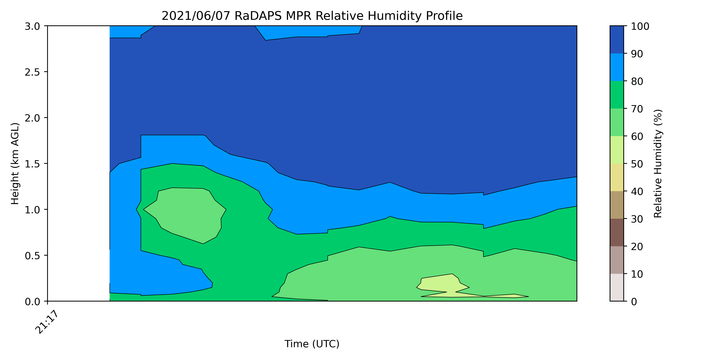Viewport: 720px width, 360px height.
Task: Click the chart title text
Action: tap(312, 16)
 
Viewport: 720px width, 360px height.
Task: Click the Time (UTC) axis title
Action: tap(312, 344)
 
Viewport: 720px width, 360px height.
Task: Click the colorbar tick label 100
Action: tap(640, 26)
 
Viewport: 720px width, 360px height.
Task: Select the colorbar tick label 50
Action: tap(637, 164)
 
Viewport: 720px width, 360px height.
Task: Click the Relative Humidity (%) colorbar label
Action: tap(658, 163)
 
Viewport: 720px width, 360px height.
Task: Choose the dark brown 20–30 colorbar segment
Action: tap(616, 233)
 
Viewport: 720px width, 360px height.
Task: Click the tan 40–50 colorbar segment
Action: tap(616, 177)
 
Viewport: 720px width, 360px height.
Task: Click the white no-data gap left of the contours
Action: tap(78, 163)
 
